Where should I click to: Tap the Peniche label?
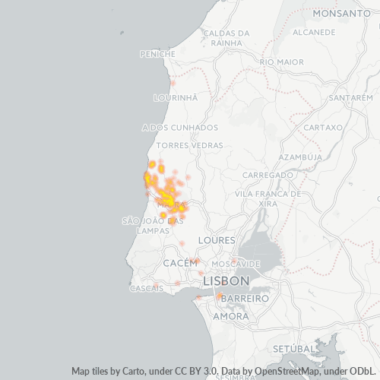pos(158,54)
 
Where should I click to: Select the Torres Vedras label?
pos(189,145)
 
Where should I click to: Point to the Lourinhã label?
pos(176,98)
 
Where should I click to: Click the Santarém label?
pos(350,98)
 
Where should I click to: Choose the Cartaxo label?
pos(324,128)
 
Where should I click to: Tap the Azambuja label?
pos(302,157)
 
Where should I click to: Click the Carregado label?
pos(268,175)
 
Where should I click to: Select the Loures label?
pos(211,240)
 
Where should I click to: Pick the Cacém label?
pos(180,262)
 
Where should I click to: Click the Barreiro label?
pos(247,299)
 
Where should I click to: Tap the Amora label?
pos(230,316)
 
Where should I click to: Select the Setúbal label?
pos(292,348)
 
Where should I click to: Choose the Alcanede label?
pos(314,32)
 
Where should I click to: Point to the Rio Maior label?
pos(281,62)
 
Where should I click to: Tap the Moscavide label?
pos(236,264)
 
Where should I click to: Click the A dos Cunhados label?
pos(180,128)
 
